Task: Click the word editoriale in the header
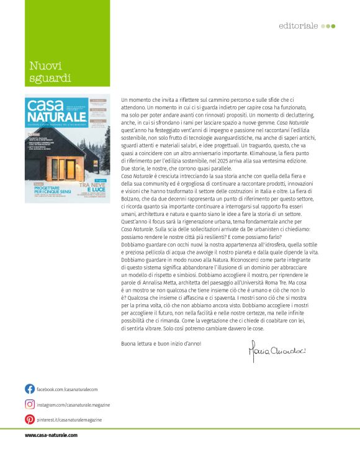pyautogui.click(x=299, y=26)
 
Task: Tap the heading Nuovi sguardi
pyautogui.click(x=50, y=71)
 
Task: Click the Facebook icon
pyautogui.click(x=30, y=389)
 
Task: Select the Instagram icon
pyautogui.click(x=30, y=404)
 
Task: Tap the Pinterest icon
pyautogui.click(x=30, y=419)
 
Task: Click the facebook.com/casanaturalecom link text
pyautogui.click(x=68, y=389)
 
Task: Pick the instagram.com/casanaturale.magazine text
pyautogui.click(x=73, y=405)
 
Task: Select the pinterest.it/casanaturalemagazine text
pyautogui.click(x=70, y=420)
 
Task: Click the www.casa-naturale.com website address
pyautogui.click(x=51, y=435)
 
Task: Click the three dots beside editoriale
pyautogui.click(x=329, y=26)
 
